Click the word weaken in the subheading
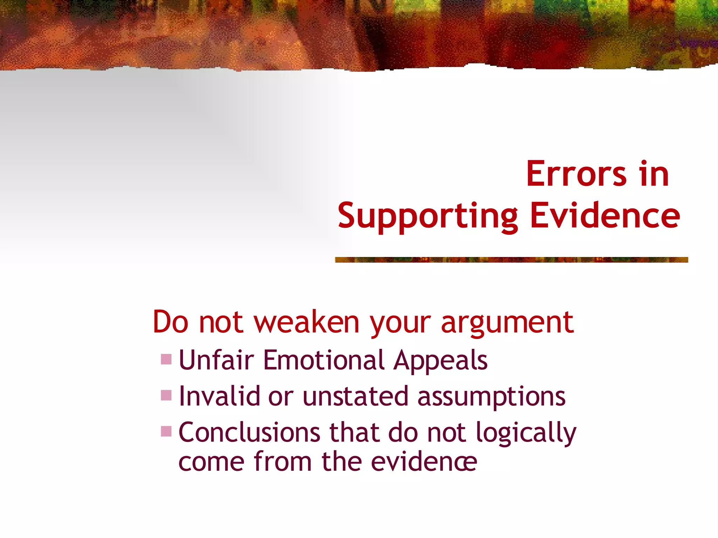coord(307,322)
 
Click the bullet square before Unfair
coord(166,359)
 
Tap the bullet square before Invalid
coord(166,395)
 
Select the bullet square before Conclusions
coord(166,431)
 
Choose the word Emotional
coord(324,360)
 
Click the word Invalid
coord(219,396)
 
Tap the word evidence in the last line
coord(424,462)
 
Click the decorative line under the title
coord(511,260)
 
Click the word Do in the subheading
coord(171,322)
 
